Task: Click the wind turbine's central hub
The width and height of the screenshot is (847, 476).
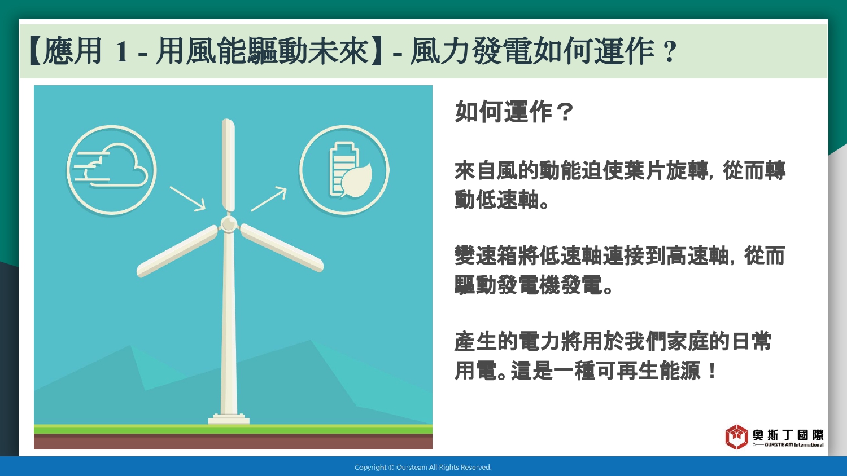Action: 229,224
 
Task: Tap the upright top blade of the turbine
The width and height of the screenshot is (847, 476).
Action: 228,165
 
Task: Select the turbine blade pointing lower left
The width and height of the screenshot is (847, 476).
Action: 177,251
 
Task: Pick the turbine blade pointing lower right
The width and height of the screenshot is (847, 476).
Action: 282,248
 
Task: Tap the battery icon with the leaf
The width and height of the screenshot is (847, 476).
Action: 350,170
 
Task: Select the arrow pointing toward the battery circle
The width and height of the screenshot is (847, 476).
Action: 269,199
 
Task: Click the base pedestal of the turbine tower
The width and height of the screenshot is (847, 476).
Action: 229,419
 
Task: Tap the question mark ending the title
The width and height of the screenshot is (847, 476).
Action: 669,51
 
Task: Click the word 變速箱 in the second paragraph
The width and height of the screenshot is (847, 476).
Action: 486,255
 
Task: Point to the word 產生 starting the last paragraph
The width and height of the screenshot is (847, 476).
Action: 475,341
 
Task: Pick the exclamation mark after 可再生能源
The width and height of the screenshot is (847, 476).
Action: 711,370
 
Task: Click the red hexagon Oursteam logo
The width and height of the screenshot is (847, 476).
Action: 736,437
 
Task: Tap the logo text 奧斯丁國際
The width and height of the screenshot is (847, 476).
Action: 788,435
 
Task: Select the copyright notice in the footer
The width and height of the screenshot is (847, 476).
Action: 423,468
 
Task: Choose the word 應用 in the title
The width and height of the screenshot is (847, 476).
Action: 72,51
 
